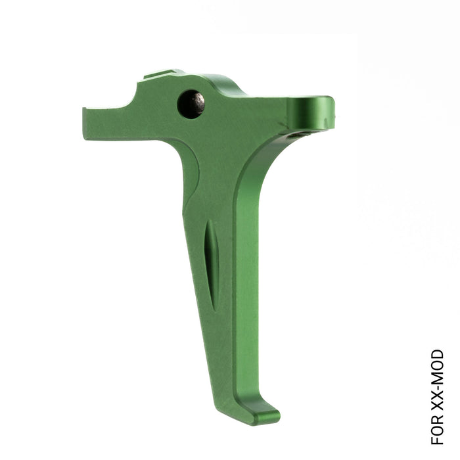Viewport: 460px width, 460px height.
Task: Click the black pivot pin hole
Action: click(191, 104)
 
